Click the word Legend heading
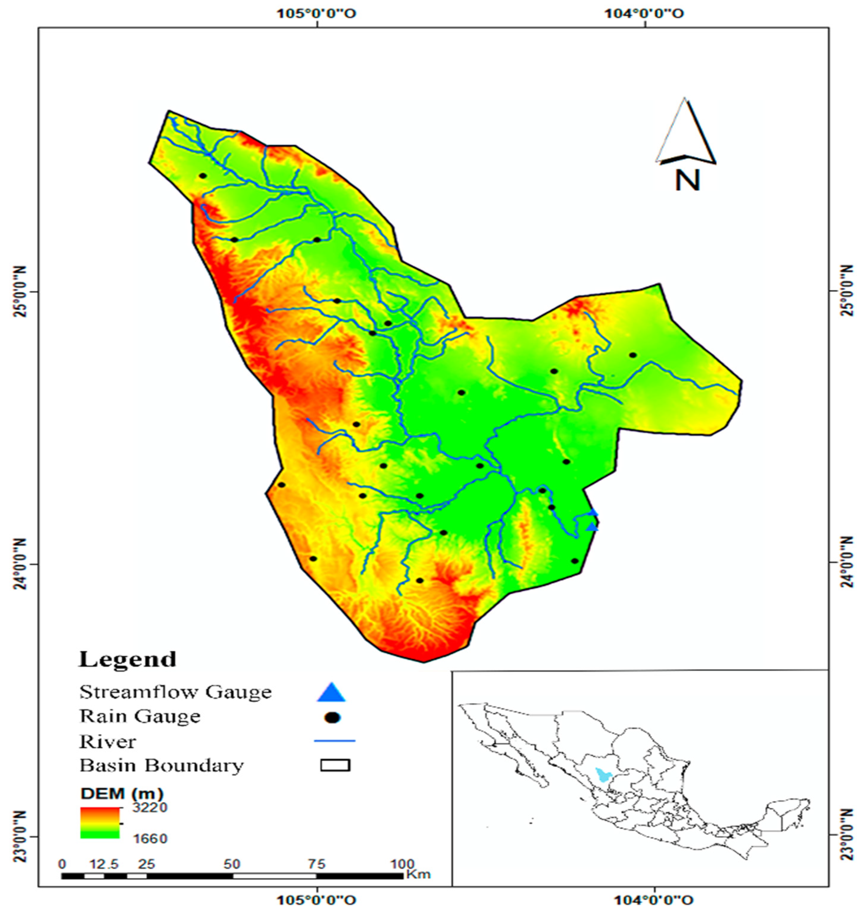coord(128,659)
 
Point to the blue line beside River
coord(334,741)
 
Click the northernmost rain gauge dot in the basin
coord(202,176)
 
